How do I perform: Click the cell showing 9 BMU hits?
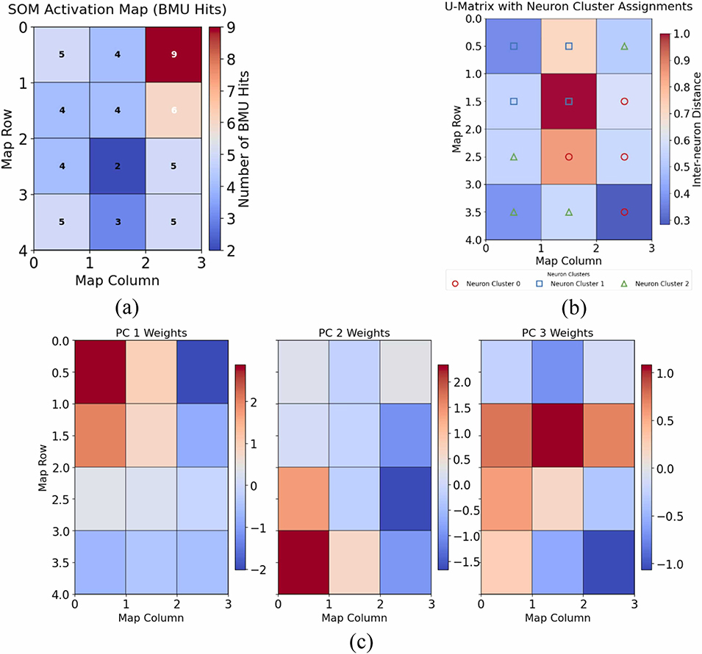point(173,54)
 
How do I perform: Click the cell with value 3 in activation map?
point(117,222)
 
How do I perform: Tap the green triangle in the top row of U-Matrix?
point(625,46)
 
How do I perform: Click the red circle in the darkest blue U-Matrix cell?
point(625,212)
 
